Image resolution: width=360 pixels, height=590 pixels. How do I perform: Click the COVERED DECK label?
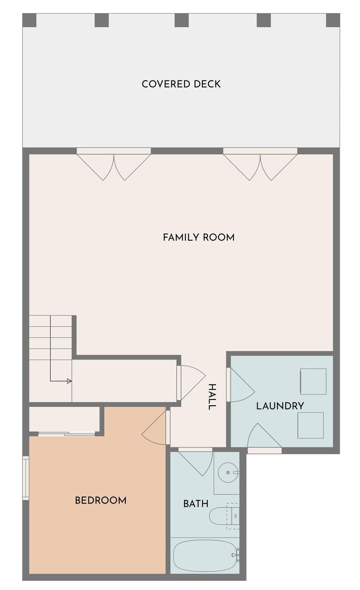tap(181, 84)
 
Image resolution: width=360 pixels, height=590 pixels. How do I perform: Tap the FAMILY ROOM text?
tap(198, 237)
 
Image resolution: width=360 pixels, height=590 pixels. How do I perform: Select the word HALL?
tap(212, 396)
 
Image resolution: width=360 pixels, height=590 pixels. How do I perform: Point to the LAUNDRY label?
tap(280, 406)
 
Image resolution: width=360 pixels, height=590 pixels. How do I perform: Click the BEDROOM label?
tap(100, 500)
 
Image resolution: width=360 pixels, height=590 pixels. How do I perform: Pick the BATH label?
tap(196, 504)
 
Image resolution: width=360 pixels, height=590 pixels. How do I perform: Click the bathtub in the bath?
tap(205, 555)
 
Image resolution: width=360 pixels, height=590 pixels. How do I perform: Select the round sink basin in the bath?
tap(228, 472)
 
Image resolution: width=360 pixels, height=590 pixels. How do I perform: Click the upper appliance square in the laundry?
tap(313, 381)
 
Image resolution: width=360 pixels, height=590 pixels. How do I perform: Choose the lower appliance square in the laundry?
tap(310, 425)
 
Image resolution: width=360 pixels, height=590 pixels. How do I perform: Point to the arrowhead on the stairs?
tap(69, 381)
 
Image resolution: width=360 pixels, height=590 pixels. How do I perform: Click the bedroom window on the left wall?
tap(25, 478)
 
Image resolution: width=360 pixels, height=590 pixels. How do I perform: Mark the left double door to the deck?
tap(114, 165)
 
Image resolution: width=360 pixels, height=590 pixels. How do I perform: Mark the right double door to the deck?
tap(260, 165)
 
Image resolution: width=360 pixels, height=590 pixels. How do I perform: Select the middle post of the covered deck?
tap(181, 20)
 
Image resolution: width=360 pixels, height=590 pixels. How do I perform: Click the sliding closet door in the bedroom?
tap(67, 434)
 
